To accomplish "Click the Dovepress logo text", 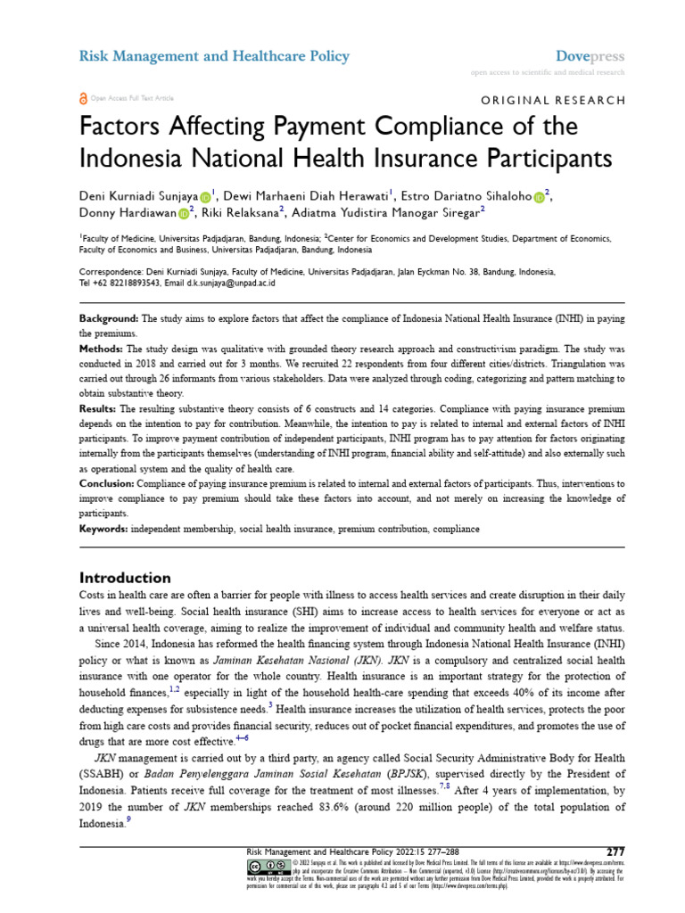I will point(590,56).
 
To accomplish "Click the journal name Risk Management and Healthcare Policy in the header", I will point(215,56).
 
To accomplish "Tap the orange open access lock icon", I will point(84,98).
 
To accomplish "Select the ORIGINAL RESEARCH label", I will point(554,100).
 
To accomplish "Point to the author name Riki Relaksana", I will point(241,211).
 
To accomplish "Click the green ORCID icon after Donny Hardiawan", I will point(183,212).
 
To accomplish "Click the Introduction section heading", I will point(125,577).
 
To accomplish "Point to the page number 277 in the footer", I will point(615,851).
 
